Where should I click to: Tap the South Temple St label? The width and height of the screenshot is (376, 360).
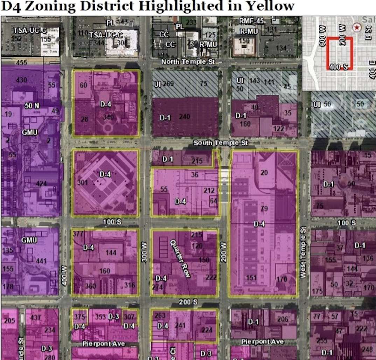coord(221,143)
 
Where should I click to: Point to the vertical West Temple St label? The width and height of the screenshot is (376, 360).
coord(303,252)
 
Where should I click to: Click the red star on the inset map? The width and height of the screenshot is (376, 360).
coord(357,27)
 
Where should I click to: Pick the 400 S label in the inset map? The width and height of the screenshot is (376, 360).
coord(339,67)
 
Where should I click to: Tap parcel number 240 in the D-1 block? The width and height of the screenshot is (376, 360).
coord(184,117)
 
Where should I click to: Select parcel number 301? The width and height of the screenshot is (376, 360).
coord(83,182)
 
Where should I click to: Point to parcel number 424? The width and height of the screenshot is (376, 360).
coord(41,183)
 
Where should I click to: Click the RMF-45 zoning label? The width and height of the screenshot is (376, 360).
coord(251,21)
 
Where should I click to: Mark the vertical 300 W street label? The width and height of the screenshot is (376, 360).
coord(144,252)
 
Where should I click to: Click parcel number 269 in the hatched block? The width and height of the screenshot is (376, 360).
coord(168,84)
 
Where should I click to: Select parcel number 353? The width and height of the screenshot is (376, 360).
coord(100,317)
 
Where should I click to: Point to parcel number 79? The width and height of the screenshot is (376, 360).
coord(264,209)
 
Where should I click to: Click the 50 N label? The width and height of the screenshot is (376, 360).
coord(32,105)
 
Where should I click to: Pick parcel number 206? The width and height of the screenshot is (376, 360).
coord(283,319)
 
